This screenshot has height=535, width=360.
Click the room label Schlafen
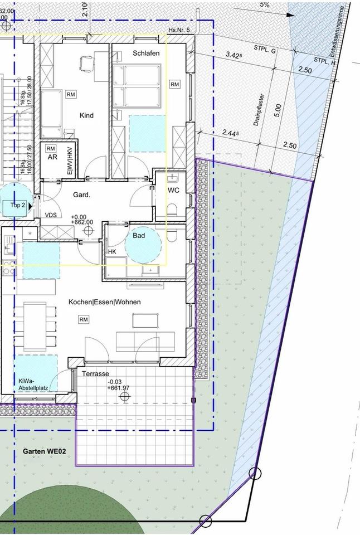(x=146, y=53)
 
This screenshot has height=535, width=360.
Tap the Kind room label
(x=86, y=116)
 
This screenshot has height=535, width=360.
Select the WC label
(x=173, y=191)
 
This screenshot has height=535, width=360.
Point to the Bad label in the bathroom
(x=139, y=236)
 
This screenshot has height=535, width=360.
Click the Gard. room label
(x=82, y=195)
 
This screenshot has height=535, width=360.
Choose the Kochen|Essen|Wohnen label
(x=104, y=302)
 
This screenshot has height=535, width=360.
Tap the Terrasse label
(x=95, y=373)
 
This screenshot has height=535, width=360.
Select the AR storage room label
(x=52, y=158)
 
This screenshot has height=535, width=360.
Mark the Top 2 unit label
(x=18, y=205)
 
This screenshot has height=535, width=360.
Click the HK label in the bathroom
(x=112, y=252)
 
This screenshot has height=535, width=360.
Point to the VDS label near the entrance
(x=51, y=215)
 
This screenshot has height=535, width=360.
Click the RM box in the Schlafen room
(x=175, y=84)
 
